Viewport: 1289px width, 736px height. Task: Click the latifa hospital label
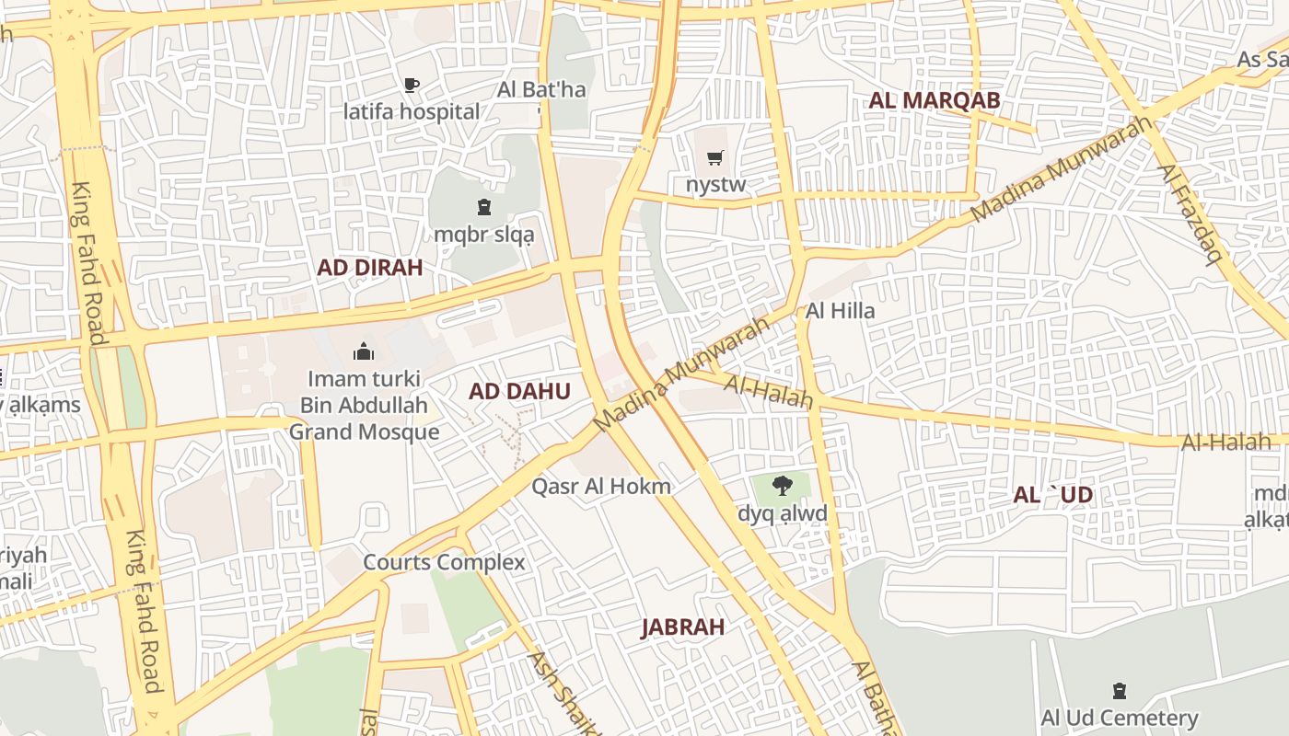coord(412,112)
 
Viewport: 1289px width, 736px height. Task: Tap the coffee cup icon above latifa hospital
coord(412,86)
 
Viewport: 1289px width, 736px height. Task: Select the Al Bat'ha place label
coord(541,90)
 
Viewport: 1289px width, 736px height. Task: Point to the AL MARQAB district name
coord(934,100)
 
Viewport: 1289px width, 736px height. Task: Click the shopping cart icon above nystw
coord(715,158)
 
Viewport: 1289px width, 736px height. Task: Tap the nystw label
coord(715,185)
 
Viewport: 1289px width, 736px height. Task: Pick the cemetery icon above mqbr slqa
coord(484,207)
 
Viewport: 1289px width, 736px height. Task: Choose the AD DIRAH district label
coord(369,268)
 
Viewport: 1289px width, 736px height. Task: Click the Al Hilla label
coord(840,311)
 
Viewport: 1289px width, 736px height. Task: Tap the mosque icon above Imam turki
coord(364,351)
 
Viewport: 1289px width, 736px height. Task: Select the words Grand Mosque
coord(364,431)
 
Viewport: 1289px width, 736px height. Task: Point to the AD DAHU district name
coord(519,391)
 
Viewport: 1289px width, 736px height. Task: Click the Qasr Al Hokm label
coord(600,487)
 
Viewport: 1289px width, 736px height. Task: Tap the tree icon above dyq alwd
coord(782,486)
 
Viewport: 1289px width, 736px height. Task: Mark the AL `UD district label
coord(1052,495)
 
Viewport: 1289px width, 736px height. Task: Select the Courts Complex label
coord(444,562)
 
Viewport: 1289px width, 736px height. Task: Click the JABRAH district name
coord(682,627)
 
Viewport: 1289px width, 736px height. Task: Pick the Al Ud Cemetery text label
coord(1120,718)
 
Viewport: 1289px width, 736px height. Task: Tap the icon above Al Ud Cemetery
coord(1120,690)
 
